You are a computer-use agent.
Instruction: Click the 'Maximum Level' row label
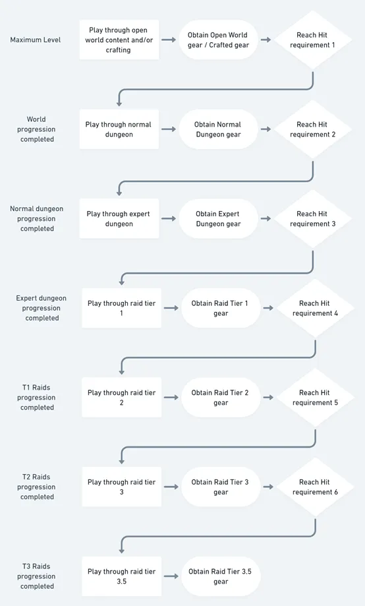pos(36,40)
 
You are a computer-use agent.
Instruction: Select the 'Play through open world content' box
pos(119,40)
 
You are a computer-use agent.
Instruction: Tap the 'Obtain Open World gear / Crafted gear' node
pos(218,40)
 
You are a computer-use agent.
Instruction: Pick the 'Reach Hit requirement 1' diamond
pos(312,40)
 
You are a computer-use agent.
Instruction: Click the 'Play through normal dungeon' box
pos(119,129)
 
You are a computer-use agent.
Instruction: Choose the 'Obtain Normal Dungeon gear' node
pos(218,129)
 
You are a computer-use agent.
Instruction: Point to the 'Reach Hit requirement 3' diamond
pos(312,219)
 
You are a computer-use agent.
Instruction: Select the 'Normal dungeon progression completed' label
pos(37,219)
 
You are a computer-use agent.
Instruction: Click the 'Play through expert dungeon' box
pos(119,219)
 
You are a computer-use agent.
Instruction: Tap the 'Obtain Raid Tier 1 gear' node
pos(221,308)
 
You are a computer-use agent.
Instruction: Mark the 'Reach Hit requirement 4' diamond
pos(315,308)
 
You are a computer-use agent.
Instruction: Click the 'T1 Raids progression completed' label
pos(37,398)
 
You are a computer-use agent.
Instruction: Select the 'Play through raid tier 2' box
pos(122,398)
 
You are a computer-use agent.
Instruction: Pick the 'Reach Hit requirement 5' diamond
pos(315,398)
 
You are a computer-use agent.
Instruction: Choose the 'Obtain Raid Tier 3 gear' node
pos(221,487)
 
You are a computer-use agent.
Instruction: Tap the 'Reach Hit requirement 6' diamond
pos(315,487)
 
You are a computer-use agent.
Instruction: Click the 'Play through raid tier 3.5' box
pos(122,576)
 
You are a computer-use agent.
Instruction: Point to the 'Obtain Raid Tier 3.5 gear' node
pos(221,576)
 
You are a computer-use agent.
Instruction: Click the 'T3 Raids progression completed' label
pos(37,576)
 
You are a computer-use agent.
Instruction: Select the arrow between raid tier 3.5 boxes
pos(171,576)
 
